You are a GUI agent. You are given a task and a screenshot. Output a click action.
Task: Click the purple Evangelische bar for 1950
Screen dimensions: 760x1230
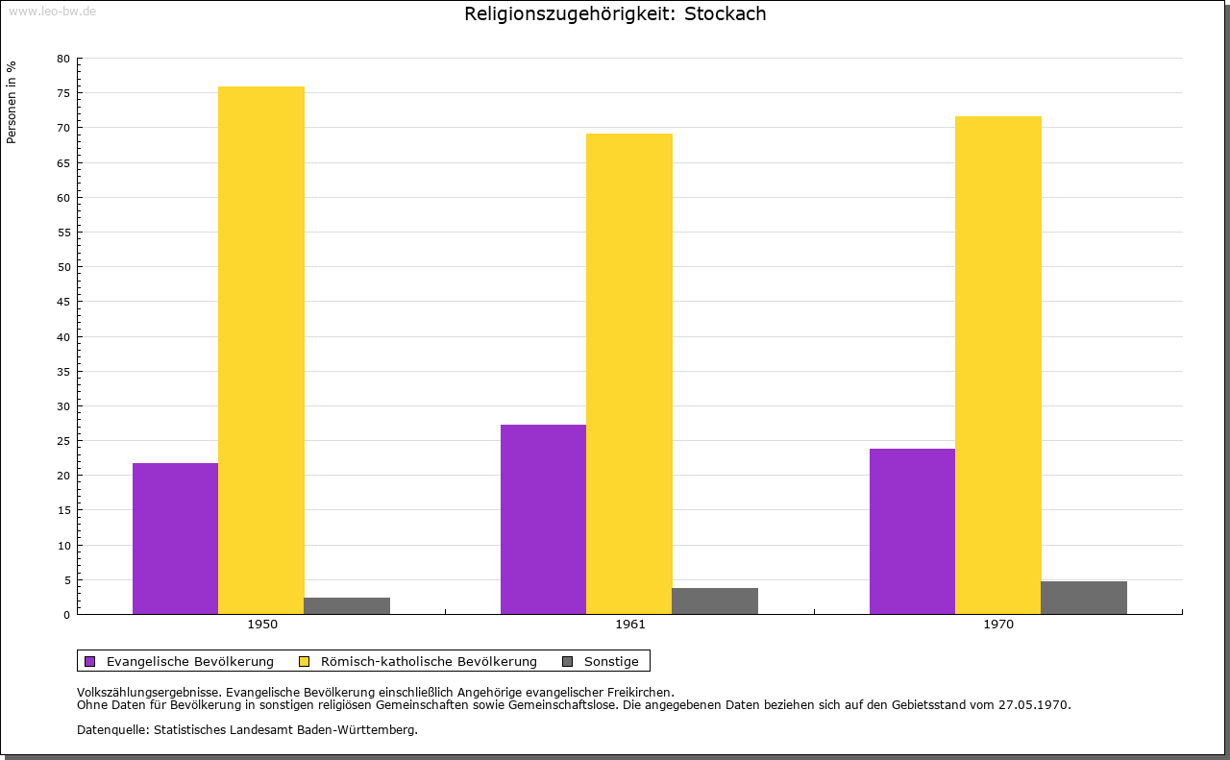175,538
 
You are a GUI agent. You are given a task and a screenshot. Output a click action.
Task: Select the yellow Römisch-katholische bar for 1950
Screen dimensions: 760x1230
261,350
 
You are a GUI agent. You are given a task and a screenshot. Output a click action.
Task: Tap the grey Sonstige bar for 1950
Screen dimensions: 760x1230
347,605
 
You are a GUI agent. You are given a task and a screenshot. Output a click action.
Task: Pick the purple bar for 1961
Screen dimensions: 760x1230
543,519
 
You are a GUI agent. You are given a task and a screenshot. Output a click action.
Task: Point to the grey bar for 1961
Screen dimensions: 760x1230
715,601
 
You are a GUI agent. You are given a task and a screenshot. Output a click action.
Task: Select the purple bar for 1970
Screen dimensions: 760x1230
912,530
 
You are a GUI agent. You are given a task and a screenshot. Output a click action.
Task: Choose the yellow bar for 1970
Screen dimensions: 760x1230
997,365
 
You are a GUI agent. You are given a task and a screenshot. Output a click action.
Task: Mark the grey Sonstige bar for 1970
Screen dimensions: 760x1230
1083,597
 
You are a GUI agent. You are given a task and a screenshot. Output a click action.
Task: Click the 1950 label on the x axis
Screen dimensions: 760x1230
262,625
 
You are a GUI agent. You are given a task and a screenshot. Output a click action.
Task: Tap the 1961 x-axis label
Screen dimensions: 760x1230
630,625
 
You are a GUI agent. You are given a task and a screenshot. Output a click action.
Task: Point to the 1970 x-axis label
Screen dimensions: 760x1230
998,625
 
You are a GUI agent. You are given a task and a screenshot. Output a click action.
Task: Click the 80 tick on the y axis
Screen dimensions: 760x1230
63,59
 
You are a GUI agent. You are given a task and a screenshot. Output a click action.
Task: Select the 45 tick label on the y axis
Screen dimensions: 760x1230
63,302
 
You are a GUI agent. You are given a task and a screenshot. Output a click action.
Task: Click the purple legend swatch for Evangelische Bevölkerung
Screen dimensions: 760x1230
90,661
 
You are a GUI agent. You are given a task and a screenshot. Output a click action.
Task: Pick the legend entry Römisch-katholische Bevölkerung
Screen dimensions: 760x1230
429,661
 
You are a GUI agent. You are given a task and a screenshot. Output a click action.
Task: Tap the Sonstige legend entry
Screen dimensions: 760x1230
611,661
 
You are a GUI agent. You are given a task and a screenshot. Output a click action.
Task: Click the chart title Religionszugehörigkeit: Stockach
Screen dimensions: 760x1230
615,14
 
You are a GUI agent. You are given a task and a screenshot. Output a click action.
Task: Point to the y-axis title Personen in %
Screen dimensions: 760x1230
12,103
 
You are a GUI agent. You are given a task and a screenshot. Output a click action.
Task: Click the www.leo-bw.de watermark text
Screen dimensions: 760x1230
51,12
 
